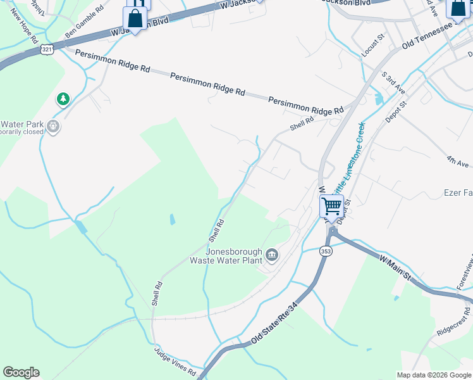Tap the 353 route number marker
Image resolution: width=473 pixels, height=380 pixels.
pyautogui.click(x=326, y=251)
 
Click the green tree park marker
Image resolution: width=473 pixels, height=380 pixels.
pyautogui.click(x=63, y=99)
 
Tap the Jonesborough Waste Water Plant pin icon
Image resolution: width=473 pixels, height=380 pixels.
pyautogui.click(x=273, y=255)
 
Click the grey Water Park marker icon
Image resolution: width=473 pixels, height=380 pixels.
pyautogui.click(x=54, y=127)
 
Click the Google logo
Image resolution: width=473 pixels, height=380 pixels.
pyautogui.click(x=21, y=372)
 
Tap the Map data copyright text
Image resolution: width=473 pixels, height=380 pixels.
pyautogui.click(x=433, y=375)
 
